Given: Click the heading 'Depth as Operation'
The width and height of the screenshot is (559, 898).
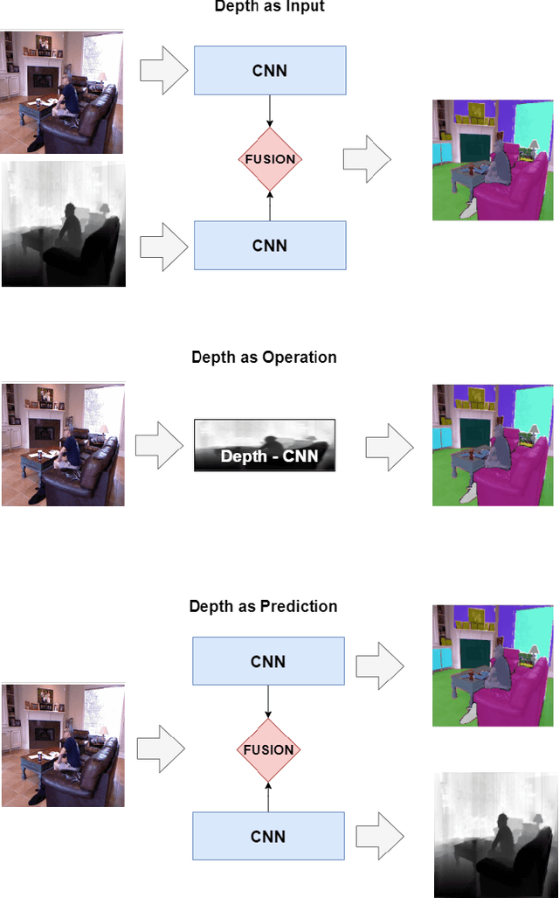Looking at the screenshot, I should tap(264, 358).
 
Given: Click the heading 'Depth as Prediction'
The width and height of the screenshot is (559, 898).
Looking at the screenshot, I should tap(264, 606).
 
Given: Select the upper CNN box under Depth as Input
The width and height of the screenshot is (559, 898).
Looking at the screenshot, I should tap(270, 71).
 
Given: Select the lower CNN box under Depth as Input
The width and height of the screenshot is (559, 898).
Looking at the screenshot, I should tap(270, 245).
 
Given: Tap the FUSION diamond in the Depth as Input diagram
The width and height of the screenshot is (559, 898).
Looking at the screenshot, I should tap(270, 159).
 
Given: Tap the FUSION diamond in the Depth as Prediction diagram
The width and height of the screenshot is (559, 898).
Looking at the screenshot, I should tap(268, 749).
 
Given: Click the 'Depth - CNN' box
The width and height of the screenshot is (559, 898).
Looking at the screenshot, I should tap(265, 446).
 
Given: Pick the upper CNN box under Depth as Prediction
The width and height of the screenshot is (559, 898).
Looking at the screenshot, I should tap(268, 662).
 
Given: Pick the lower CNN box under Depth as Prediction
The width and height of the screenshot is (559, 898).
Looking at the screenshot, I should tap(268, 836).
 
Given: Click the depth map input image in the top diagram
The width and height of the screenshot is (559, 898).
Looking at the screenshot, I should tap(63, 224).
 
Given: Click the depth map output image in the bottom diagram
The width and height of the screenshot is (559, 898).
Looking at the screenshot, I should tap(495, 834).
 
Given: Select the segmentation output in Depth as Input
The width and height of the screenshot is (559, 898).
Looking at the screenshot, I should tap(495, 160).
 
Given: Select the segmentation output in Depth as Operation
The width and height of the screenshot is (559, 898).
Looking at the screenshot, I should tap(495, 446).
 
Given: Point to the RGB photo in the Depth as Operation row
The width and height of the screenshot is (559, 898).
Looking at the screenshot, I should tap(63, 444).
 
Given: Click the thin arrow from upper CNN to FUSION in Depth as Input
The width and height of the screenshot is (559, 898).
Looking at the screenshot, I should tap(270, 109).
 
